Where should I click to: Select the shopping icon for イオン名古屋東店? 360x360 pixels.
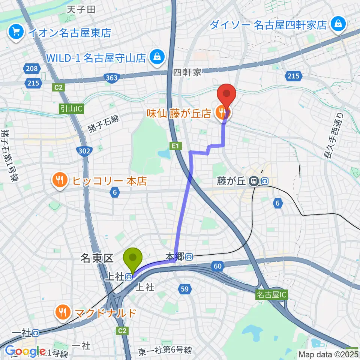click(x=16, y=33)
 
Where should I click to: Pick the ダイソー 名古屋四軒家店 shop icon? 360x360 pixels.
click(x=338, y=24)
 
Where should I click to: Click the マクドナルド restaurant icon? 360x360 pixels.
click(x=62, y=312)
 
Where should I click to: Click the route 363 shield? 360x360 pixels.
click(x=111, y=78)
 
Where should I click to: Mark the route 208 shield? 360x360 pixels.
click(x=32, y=68)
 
